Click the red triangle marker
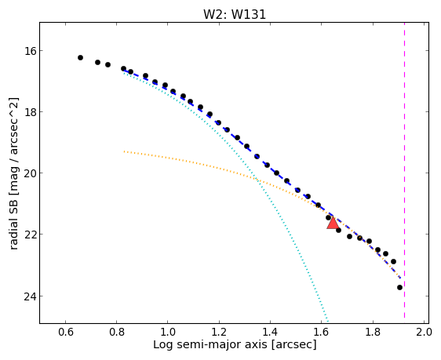333,223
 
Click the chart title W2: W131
235,15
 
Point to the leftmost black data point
81,57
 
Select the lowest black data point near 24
399,288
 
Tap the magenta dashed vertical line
404,170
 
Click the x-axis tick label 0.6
66,333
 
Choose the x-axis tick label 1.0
168,333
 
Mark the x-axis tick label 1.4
270,333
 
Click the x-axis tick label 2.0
424,333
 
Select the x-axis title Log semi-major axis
210,345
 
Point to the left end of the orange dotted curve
124,151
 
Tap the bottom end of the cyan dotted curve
327,320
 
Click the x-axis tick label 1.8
373,333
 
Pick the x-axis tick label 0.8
117,333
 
